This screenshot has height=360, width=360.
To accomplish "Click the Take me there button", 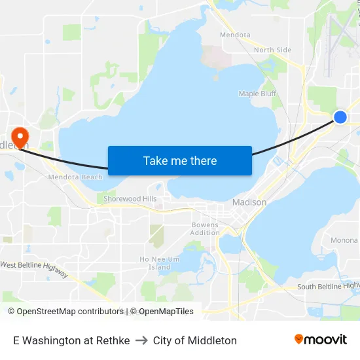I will coord(179,160).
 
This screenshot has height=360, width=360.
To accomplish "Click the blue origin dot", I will coord(340,117).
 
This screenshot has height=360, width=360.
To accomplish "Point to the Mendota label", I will coord(235,35).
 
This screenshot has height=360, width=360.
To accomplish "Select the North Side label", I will coord(272,50).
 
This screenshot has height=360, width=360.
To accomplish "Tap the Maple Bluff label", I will coord(258,94).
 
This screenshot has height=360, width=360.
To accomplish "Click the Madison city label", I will coord(249,202).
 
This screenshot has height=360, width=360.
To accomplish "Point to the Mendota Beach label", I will coord(75,177).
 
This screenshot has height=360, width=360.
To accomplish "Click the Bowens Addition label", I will coord(205,228).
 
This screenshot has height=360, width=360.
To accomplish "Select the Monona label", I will coord(344,240).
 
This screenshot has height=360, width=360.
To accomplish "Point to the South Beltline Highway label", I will coord(329,286).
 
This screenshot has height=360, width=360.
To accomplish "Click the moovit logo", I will coord(320,339).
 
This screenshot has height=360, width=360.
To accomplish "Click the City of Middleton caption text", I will coord(195,340).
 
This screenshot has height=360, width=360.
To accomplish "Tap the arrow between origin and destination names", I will coord(141,340).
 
